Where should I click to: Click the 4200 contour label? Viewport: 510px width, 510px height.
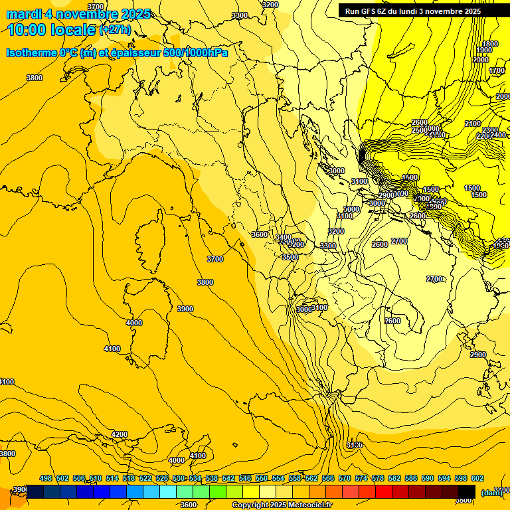(x=120, y=434)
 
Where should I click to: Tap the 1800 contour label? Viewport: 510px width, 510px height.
(x=489, y=44)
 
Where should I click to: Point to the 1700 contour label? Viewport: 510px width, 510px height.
(x=497, y=70)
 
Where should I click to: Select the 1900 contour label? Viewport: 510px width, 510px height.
(x=484, y=50)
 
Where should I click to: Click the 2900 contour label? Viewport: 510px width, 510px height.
(x=478, y=355)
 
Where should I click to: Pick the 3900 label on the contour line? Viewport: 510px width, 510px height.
(x=185, y=309)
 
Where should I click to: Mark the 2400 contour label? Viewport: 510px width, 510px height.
(x=498, y=135)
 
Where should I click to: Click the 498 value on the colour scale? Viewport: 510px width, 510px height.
(x=46, y=478)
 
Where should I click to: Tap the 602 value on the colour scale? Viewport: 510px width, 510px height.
(x=477, y=478)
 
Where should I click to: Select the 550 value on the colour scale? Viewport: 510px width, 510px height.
(x=262, y=478)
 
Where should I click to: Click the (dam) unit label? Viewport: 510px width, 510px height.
(x=491, y=493)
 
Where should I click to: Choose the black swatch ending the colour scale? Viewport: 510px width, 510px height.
(x=467, y=491)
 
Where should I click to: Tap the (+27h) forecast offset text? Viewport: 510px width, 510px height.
(x=115, y=30)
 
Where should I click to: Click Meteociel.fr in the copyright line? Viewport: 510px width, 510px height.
(x=307, y=505)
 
